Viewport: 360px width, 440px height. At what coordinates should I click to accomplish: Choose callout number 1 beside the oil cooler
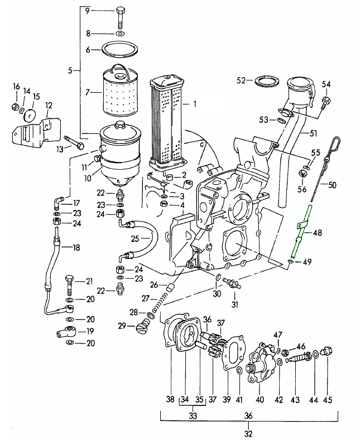tap(195, 104)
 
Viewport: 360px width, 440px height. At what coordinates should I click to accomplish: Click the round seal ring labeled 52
tap(267, 82)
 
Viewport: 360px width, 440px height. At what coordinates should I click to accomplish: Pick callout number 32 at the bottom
tap(249, 432)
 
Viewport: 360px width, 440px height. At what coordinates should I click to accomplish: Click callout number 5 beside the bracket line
tap(70, 70)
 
